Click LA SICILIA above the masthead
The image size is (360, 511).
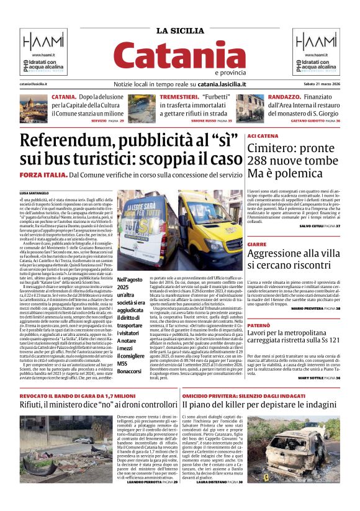[179, 31]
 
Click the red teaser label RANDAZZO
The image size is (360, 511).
[268, 98]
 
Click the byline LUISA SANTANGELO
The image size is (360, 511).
[35, 193]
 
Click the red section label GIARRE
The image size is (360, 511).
[257, 245]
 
